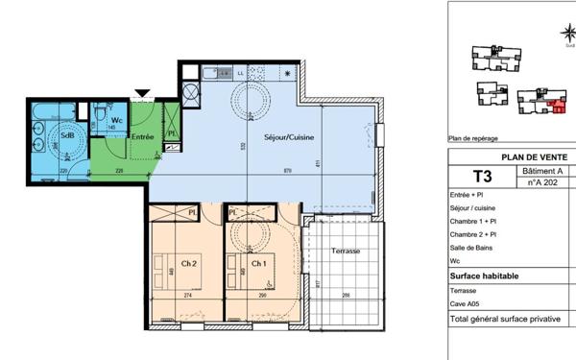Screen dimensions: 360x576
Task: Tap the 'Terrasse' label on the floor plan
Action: click(345, 251)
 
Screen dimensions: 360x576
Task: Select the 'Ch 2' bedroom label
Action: click(188, 263)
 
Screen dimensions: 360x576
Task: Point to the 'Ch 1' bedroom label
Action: click(258, 263)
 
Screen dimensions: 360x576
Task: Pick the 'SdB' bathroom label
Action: click(67, 134)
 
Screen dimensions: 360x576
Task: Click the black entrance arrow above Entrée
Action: click(142, 93)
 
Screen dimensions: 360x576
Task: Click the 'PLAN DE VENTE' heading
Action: click(534, 157)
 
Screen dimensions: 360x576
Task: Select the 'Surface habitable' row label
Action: click(485, 276)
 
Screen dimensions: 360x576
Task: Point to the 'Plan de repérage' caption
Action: click(473, 138)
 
